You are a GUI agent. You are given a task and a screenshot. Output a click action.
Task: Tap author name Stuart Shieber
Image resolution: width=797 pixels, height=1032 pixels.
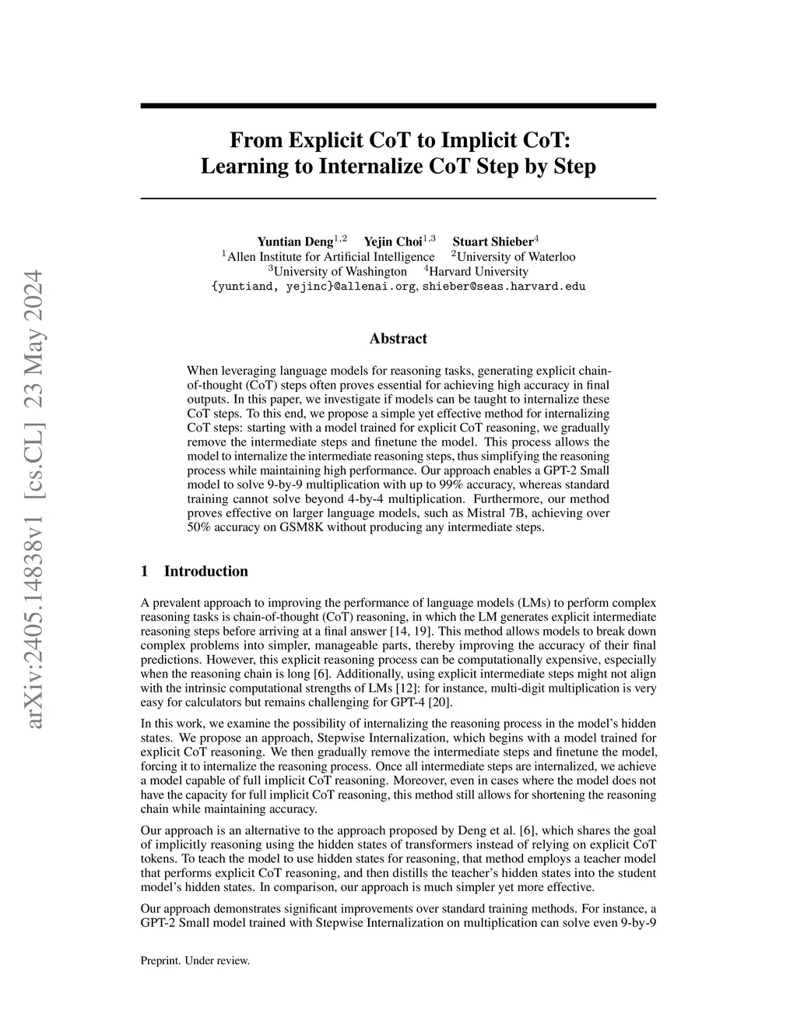492,241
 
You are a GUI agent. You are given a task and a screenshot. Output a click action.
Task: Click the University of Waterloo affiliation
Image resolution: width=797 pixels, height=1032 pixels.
516,256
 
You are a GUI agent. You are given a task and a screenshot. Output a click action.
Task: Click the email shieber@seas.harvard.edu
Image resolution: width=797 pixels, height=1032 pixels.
504,286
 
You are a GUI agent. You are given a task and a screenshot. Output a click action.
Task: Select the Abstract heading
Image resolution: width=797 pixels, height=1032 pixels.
398,338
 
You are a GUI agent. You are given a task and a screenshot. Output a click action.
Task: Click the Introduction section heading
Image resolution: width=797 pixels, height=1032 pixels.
205,571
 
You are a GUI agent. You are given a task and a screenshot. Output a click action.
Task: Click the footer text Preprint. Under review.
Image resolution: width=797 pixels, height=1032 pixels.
195,960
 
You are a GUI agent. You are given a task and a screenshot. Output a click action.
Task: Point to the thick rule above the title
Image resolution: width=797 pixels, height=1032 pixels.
398,105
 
